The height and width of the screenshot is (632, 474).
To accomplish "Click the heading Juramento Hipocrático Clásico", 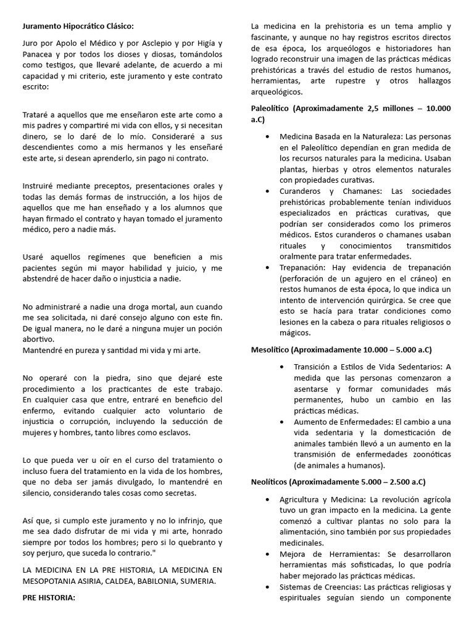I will [78, 26].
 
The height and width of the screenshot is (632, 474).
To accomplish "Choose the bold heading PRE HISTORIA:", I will [49, 597].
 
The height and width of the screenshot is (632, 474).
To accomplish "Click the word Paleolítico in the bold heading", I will [270, 109].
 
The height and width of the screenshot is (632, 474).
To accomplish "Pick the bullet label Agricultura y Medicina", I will [322, 499].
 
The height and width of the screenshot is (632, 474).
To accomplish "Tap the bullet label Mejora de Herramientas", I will [322, 554].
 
